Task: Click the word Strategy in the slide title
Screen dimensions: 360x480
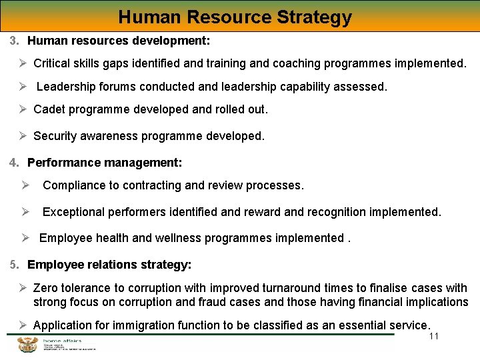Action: pos(313,17)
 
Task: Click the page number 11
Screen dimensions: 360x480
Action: pos(434,336)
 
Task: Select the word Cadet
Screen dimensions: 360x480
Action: pos(49,109)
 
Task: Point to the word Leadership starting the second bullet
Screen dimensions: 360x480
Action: pos(65,87)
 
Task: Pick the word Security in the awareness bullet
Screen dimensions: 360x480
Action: pos(55,136)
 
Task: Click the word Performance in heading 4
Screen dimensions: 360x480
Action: pos(60,163)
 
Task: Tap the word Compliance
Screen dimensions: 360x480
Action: pos(73,185)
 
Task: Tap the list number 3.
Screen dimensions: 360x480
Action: pos(14,41)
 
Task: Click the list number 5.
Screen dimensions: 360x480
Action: pos(14,265)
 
